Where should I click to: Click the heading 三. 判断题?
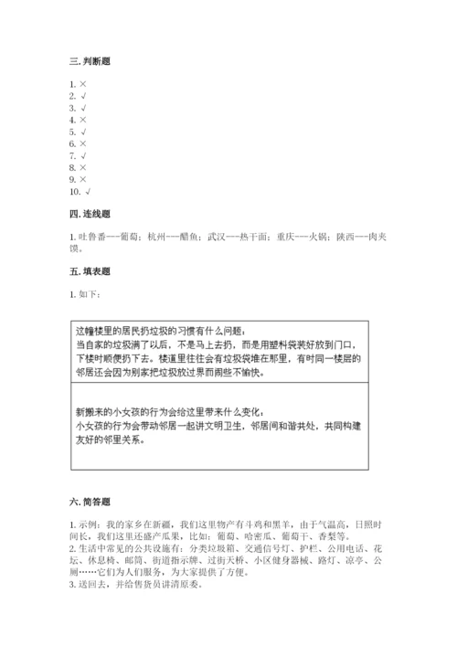pos(90,61)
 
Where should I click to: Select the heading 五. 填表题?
pos(90,270)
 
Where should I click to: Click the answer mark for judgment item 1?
pos(83,84)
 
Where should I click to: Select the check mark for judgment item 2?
pos(83,96)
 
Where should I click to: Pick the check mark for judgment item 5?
pos(83,132)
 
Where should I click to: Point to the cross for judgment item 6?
pos(83,143)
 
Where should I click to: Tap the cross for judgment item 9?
pos(83,179)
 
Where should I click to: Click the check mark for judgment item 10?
pos(88,191)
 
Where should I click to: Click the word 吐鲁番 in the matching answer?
pos(89,236)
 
